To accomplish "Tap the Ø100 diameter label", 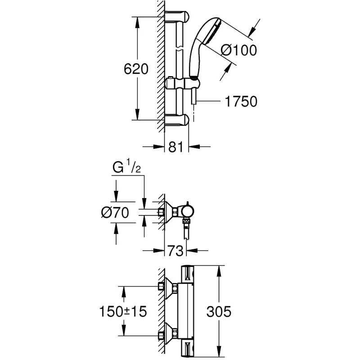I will coord(239,50).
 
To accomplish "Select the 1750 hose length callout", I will coord(241,102).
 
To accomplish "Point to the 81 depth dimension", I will coord(175,147).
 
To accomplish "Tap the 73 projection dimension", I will coord(175,250).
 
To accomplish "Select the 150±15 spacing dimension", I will coord(122,311).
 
